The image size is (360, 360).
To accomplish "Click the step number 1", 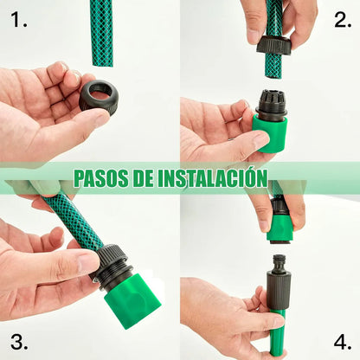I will point(17,19).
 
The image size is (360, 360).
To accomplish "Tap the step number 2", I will point(342,19).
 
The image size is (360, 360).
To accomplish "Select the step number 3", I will point(17,339).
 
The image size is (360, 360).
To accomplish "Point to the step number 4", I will point(342,339).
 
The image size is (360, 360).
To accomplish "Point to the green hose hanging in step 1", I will point(101,33).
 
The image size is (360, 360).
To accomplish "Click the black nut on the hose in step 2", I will point(273,46).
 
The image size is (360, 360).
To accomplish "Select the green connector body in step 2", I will point(270,134).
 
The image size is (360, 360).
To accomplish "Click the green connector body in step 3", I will point(132,300).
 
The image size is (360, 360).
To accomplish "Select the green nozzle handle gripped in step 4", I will point(276,330).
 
